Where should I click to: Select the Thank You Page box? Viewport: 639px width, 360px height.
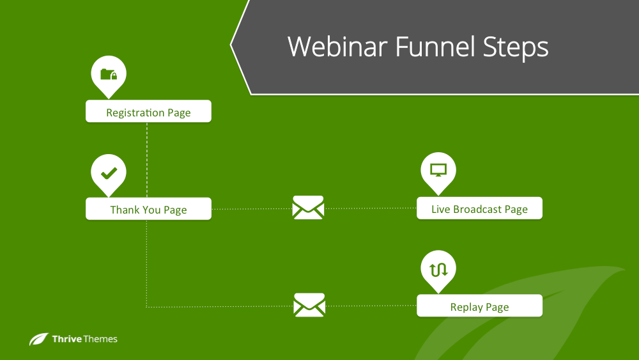(x=148, y=208)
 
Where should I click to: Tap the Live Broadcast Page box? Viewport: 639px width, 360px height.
(x=479, y=208)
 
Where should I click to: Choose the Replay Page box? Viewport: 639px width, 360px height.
(x=479, y=306)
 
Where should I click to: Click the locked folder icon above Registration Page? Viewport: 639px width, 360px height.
(x=109, y=74)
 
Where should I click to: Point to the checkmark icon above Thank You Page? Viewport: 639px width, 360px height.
(x=109, y=172)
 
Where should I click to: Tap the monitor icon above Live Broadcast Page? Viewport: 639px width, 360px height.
(x=438, y=170)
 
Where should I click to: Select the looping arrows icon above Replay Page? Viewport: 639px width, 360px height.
(x=438, y=269)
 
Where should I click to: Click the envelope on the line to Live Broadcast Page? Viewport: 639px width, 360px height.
(x=308, y=208)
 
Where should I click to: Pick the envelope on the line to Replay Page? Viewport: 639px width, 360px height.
(x=309, y=305)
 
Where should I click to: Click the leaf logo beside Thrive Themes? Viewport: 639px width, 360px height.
(x=39, y=340)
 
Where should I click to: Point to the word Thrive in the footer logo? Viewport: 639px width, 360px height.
(x=67, y=339)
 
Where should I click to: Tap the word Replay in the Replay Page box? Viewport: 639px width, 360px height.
(x=466, y=307)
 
